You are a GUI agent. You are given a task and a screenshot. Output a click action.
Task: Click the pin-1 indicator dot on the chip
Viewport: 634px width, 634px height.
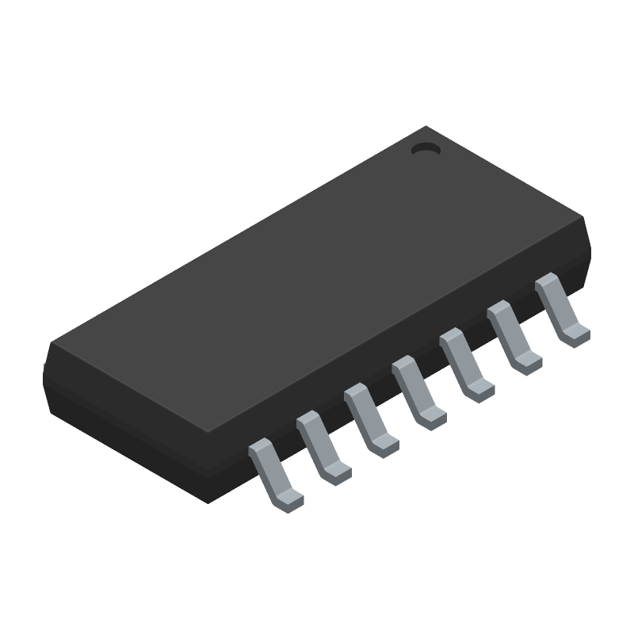click(x=426, y=147)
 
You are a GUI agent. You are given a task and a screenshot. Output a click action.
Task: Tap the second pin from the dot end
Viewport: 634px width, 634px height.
click(x=513, y=336)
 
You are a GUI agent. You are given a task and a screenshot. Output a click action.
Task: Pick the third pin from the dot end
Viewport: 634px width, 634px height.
click(x=465, y=364)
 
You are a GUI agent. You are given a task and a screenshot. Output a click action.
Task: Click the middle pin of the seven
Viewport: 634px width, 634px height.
click(x=418, y=392)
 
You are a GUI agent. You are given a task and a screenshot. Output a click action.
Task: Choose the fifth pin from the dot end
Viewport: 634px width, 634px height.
click(x=370, y=420)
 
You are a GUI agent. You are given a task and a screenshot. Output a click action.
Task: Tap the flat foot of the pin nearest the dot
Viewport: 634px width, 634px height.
click(x=575, y=334)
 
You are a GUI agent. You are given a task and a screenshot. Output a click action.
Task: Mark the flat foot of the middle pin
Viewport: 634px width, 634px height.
click(x=433, y=418)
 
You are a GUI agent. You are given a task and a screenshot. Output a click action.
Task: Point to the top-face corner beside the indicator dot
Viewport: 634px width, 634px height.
click(x=428, y=126)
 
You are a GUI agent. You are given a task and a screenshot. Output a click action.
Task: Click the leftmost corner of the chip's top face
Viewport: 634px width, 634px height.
click(x=49, y=344)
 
